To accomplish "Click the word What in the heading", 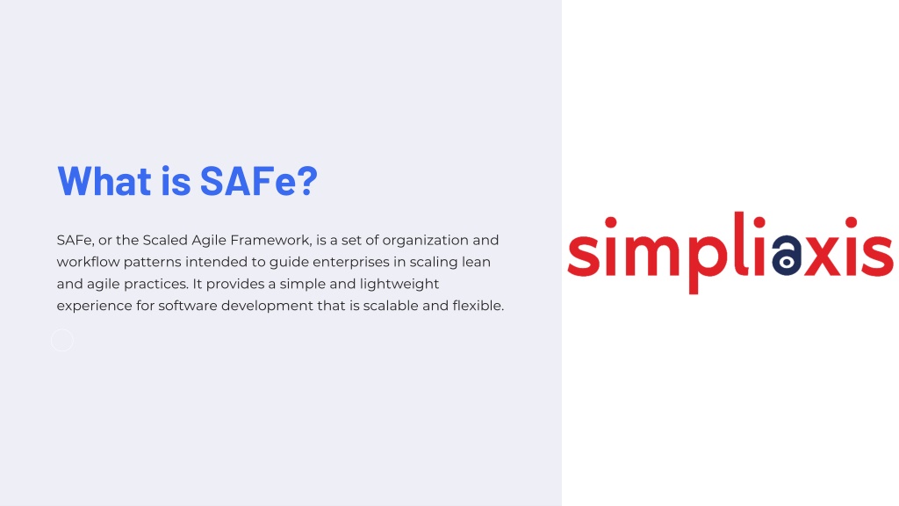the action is (x=104, y=181).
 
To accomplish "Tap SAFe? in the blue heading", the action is (x=259, y=181).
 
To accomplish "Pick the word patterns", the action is (x=152, y=263).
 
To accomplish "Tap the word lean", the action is (x=476, y=262).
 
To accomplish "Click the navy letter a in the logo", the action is (x=787, y=256).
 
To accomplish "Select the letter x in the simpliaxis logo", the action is (x=822, y=256).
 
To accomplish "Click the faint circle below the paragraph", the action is (x=62, y=330).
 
